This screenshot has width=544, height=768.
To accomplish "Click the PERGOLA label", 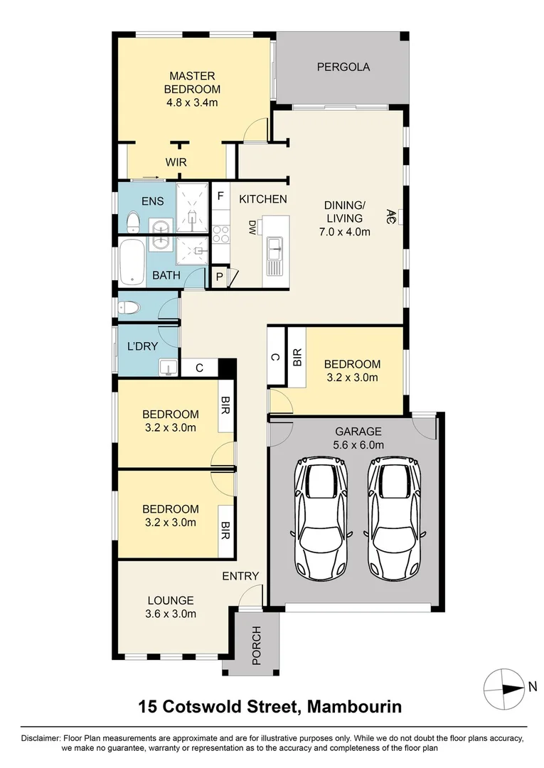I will tap(343, 68).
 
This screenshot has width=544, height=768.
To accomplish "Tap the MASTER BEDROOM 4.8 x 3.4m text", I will tap(192, 89).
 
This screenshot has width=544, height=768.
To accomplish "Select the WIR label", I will tap(176, 163).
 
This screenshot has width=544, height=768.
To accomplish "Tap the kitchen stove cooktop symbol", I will tap(220, 232).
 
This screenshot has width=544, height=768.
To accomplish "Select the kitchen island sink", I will tap(274, 249).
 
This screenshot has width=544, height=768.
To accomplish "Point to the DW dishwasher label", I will tap(252, 229).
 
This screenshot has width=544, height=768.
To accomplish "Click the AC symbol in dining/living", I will tap(391, 214).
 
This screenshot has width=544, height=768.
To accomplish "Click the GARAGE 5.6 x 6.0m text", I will tap(358, 438).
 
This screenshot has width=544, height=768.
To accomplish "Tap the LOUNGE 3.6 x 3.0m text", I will tap(171, 607).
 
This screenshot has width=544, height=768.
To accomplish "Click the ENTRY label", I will tap(240, 576).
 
